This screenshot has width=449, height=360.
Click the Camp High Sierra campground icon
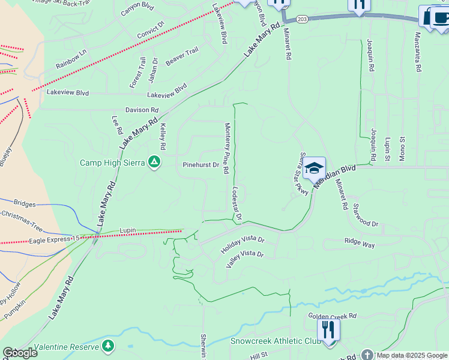[x=154, y=162]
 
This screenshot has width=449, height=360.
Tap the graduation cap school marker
[x=314, y=169]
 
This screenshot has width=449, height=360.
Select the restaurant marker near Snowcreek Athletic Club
[x=328, y=330]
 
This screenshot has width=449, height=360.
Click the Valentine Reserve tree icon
[x=108, y=346]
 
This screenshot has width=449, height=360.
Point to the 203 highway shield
[x=302, y=19]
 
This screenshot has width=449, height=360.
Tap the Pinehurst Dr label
[x=200, y=164]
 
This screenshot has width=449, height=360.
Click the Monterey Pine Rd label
[x=226, y=148]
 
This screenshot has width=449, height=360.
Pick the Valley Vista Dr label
[x=244, y=258]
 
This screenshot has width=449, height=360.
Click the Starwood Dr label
[x=366, y=215]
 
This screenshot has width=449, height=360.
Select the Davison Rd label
[x=142, y=110]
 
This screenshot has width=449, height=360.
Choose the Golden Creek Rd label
[x=333, y=316]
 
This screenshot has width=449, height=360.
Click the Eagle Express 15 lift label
[x=54, y=240]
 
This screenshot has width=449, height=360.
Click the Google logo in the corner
[x=20, y=353]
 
